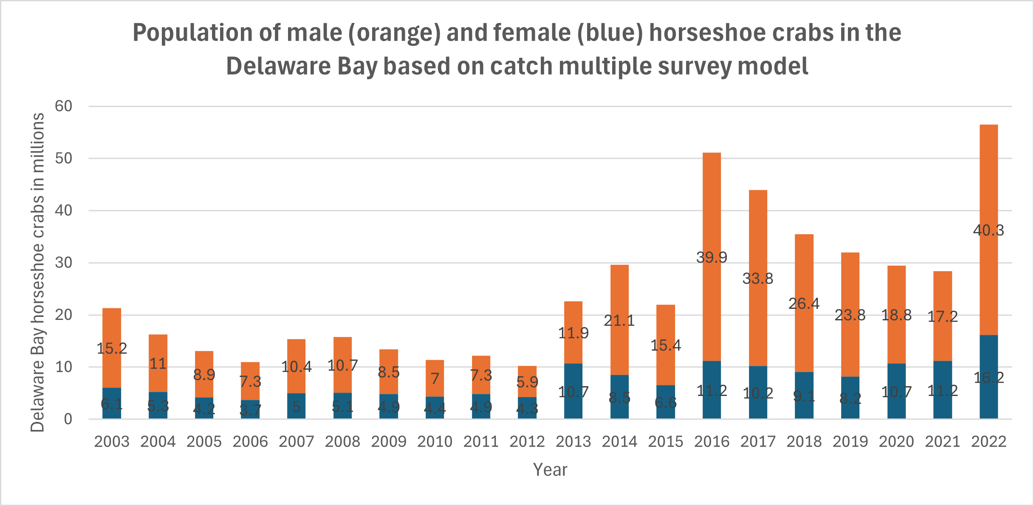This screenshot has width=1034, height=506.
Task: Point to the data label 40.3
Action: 989,230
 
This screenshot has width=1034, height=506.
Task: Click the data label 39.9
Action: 712,257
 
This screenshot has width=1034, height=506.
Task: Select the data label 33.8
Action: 758,279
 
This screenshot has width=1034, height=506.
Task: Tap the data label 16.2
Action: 989,377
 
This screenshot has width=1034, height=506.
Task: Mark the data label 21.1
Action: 619,320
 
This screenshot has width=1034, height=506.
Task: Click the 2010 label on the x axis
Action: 435,442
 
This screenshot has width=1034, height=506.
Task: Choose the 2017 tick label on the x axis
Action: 758,442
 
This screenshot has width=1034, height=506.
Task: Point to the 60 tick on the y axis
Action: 64,106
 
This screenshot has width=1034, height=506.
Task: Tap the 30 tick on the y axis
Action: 64,263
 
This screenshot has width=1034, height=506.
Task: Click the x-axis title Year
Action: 550,470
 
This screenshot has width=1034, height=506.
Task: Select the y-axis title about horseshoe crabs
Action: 37,272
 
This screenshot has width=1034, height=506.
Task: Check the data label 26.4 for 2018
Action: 804,304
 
